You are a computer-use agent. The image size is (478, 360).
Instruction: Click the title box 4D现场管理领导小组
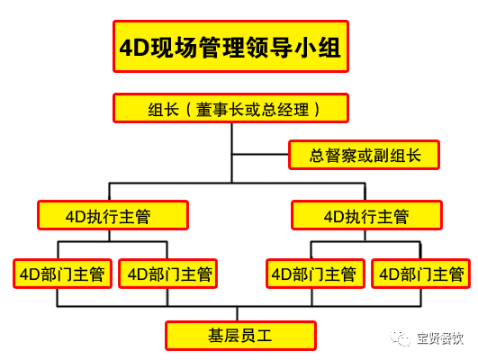(230, 46)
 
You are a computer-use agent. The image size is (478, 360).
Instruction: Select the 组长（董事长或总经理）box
(230, 108)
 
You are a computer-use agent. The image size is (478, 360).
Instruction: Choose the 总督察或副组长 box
(364, 155)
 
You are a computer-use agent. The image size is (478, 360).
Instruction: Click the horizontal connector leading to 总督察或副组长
(260, 154)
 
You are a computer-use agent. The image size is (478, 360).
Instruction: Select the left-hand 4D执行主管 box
(113, 215)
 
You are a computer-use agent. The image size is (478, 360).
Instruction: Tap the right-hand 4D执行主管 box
(366, 215)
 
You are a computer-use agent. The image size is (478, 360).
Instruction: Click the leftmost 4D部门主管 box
(62, 274)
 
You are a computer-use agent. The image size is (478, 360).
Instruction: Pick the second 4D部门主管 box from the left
(167, 274)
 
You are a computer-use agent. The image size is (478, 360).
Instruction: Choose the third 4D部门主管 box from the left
(316, 274)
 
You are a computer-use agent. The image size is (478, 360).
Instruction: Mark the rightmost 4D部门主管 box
(420, 274)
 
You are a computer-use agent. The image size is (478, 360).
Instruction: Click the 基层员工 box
(241, 336)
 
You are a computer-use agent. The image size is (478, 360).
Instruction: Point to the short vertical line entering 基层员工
(237, 314)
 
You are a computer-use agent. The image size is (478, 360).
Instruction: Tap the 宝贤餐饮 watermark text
(440, 338)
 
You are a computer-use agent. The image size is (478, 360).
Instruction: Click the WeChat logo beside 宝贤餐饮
(400, 338)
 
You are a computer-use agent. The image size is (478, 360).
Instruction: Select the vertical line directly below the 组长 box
(232, 153)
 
